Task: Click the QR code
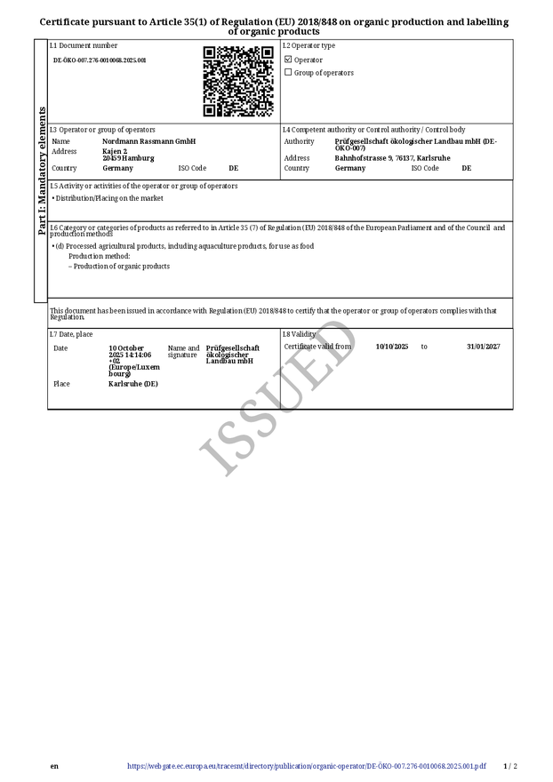[237, 82]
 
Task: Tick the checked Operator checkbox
[288, 60]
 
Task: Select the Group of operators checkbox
[288, 73]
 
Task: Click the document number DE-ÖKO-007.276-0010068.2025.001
[100, 60]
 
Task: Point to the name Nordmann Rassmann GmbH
[148, 141]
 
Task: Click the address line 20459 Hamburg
[128, 158]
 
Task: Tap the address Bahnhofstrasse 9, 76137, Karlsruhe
[392, 158]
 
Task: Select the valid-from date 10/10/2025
[391, 347]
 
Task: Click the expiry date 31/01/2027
[483, 347]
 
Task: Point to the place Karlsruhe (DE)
[132, 384]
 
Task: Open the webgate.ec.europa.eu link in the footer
[307, 766]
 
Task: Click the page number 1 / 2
[509, 766]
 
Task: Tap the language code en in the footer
[54, 766]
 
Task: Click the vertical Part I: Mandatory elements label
[41, 171]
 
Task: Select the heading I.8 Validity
[299, 334]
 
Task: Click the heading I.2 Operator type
[309, 45]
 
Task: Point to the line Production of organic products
[121, 266]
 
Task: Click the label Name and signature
[183, 351]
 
